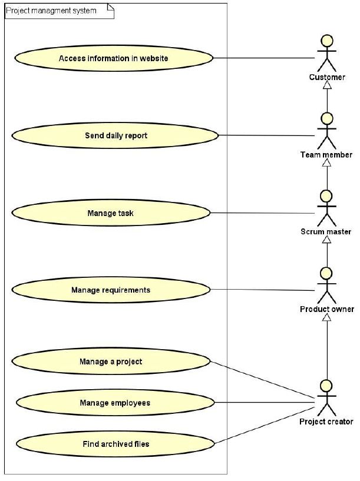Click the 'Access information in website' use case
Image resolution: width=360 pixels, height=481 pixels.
click(x=113, y=58)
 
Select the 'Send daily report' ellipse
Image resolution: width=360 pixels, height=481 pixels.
click(x=115, y=135)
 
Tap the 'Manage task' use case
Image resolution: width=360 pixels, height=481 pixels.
click(x=110, y=213)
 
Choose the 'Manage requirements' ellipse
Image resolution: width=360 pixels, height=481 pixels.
click(x=111, y=290)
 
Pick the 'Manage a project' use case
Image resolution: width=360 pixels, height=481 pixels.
click(x=111, y=361)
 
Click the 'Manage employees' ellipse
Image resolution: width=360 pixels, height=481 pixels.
click(x=115, y=403)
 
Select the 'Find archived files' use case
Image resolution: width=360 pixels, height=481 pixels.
click(x=115, y=443)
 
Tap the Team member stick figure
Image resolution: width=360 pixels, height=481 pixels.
click(x=326, y=131)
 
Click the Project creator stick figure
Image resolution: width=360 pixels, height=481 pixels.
click(x=326, y=398)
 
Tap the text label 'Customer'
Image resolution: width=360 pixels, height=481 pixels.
click(x=327, y=77)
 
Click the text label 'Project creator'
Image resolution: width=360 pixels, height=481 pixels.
click(x=326, y=422)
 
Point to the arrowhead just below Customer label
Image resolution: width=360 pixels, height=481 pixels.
click(x=326, y=86)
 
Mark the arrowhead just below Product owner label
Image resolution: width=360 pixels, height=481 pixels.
click(x=326, y=318)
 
